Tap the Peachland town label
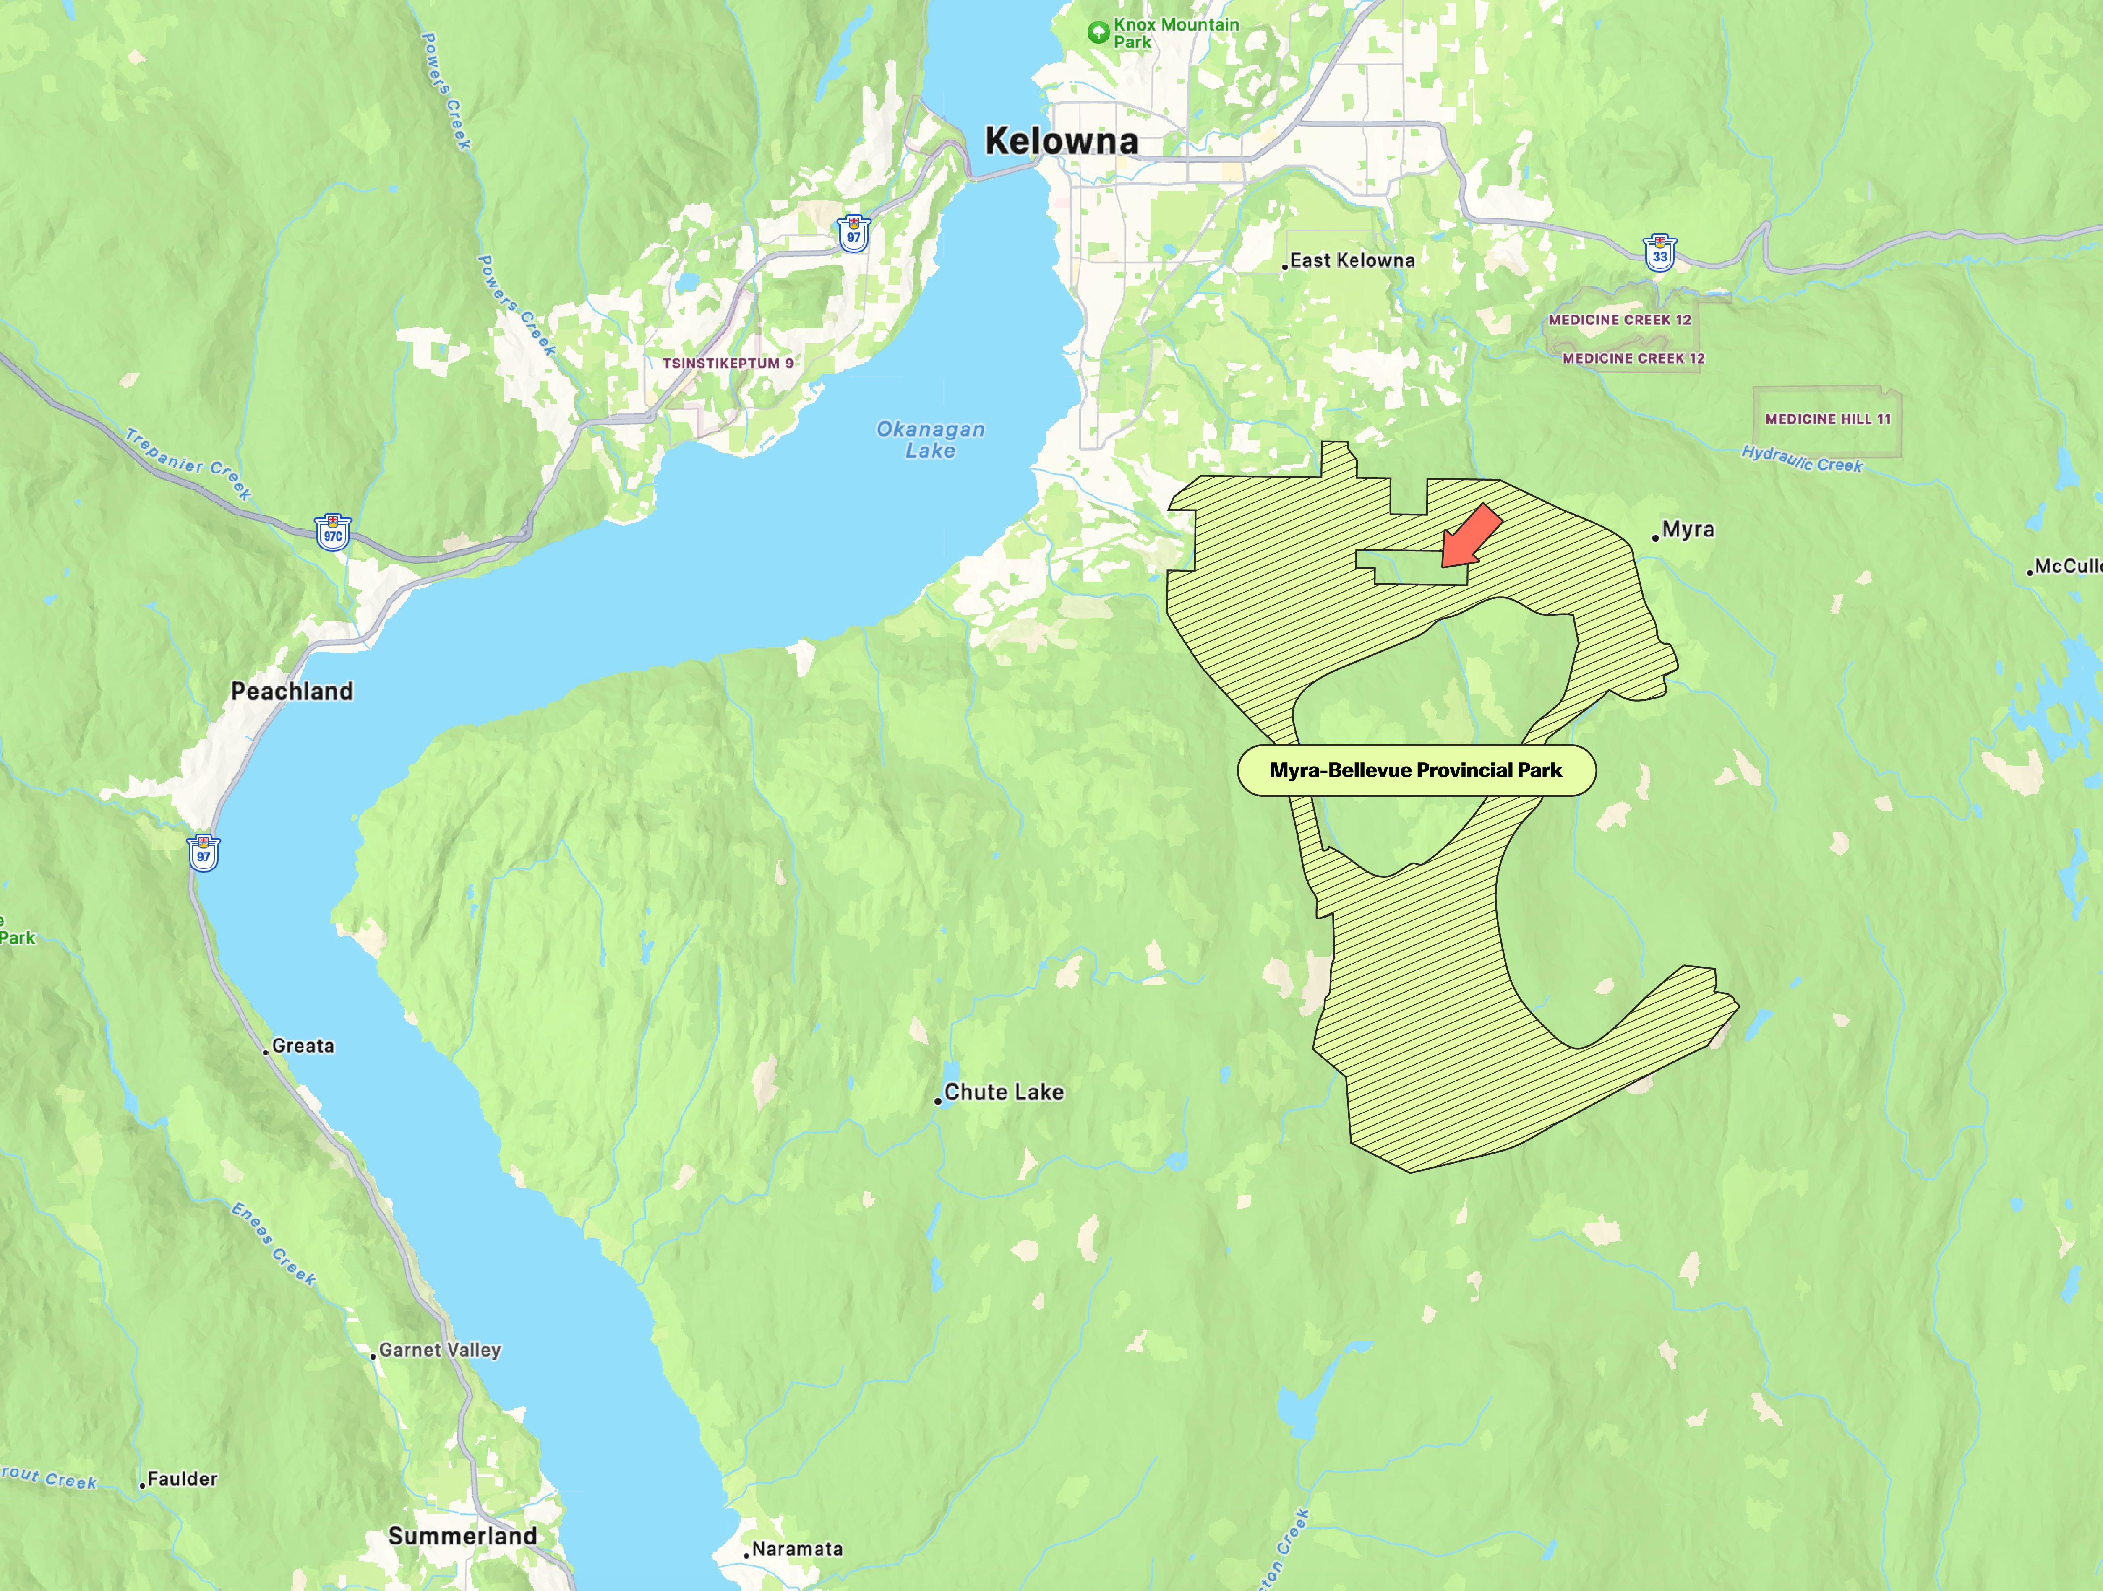(x=292, y=691)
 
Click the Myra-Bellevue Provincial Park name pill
(x=1416, y=770)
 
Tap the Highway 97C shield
(x=333, y=533)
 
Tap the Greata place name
(x=303, y=1045)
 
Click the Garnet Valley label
(x=439, y=1349)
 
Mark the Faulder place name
(x=182, y=1479)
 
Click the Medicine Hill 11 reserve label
(x=1827, y=419)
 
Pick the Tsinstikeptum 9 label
(x=727, y=363)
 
